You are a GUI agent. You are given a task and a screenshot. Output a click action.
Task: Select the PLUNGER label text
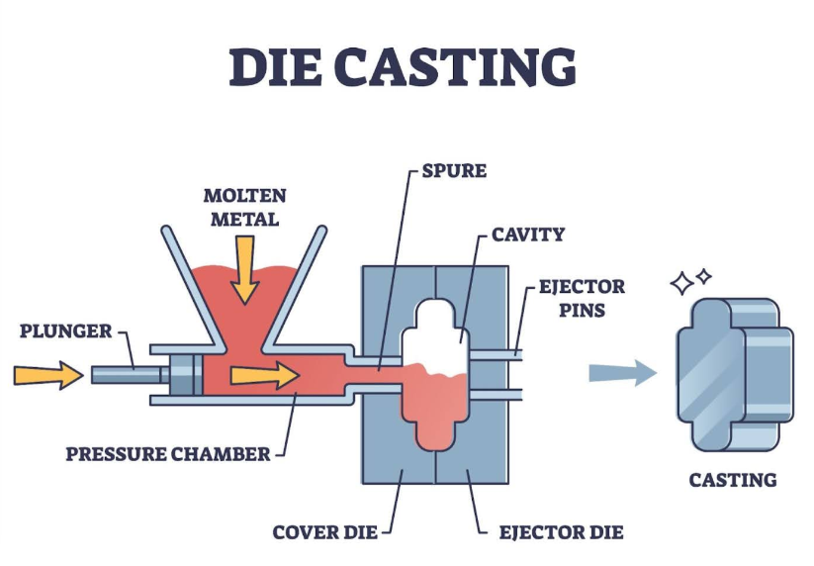pyautogui.click(x=65, y=330)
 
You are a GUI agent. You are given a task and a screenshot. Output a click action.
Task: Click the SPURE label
pyautogui.click(x=454, y=171)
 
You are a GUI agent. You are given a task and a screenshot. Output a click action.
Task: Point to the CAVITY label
pyautogui.click(x=528, y=236)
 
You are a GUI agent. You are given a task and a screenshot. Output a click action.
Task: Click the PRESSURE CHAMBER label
pyautogui.click(x=168, y=454)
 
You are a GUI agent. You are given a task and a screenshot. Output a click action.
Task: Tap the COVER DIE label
pyautogui.click(x=325, y=532)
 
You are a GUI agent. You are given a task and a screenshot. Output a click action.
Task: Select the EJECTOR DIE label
pyautogui.click(x=561, y=532)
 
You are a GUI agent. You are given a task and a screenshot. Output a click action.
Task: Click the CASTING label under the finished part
pyautogui.click(x=733, y=481)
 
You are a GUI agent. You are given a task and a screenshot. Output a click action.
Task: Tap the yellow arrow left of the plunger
pyautogui.click(x=48, y=375)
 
